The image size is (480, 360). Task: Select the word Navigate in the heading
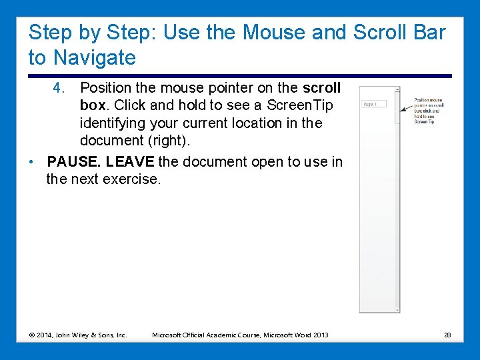(x=95, y=57)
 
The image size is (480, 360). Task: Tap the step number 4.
(x=59, y=88)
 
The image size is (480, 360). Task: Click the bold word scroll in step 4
(x=321, y=88)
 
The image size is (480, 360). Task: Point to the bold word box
(x=93, y=105)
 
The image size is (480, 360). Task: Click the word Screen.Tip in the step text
(x=299, y=105)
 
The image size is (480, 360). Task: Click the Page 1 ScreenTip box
(x=374, y=104)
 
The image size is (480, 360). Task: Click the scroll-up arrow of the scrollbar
(x=397, y=89)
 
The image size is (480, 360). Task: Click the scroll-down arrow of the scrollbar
(x=397, y=309)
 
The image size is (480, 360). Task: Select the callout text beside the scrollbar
(x=429, y=111)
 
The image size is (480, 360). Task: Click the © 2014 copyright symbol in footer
(x=32, y=335)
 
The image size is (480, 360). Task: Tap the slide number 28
(x=447, y=335)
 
